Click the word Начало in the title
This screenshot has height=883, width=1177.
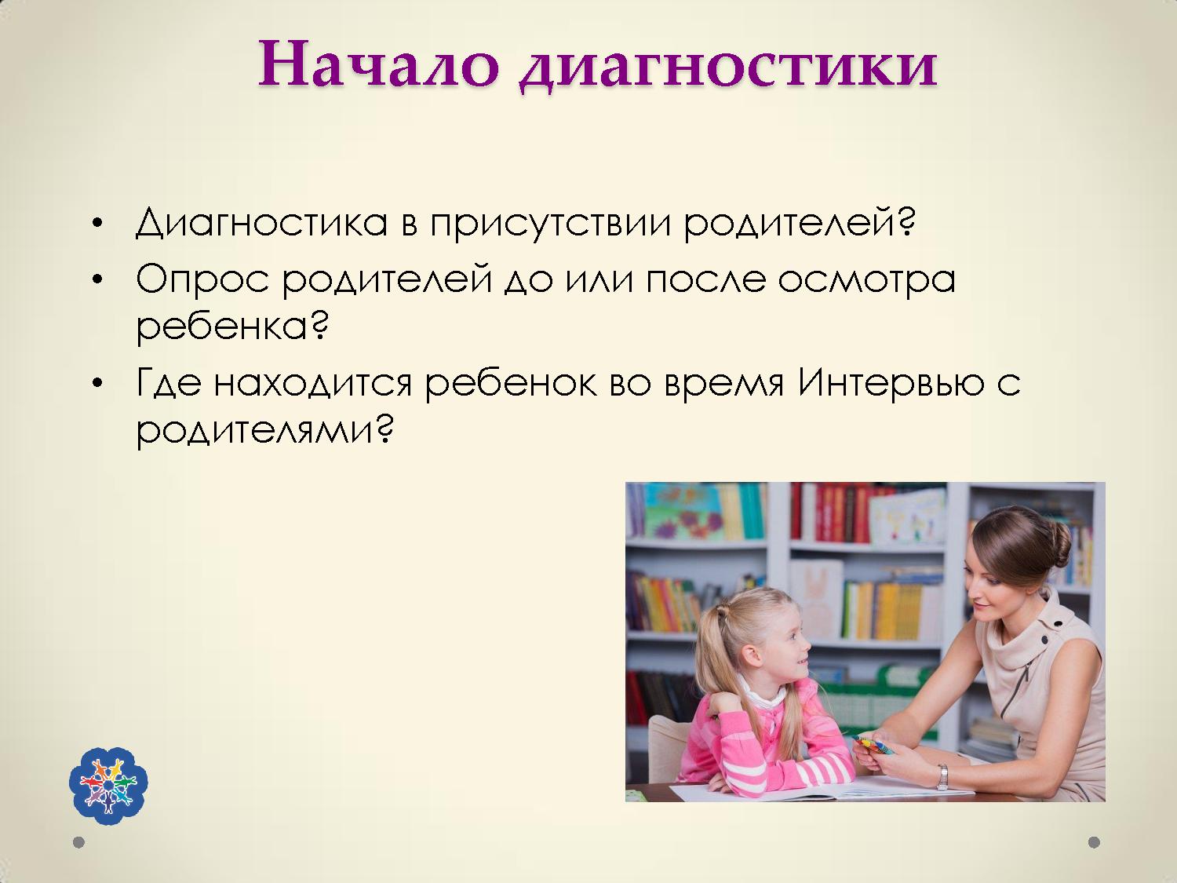coord(378,64)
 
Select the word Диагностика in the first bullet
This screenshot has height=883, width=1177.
coord(261,222)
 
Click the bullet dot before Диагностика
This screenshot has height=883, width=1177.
coord(97,223)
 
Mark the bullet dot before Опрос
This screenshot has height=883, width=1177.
coord(97,280)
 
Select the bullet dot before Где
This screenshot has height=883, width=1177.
coord(97,383)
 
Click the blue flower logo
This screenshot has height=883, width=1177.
coord(108,786)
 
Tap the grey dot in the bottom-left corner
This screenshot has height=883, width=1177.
coord(78,842)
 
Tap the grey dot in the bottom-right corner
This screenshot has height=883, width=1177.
coord(1095,842)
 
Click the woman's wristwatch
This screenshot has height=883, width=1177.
coord(942,777)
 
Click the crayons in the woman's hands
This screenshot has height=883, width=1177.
coord(872,746)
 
